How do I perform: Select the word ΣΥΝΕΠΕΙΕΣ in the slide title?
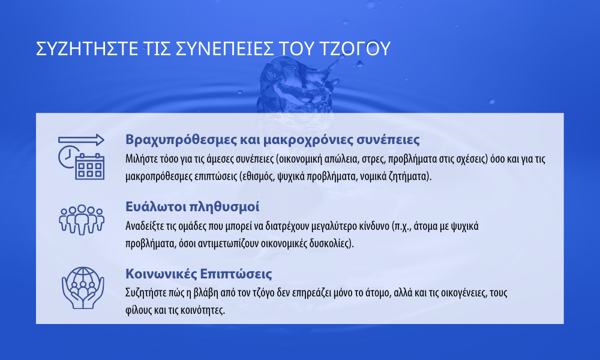tap(225, 49)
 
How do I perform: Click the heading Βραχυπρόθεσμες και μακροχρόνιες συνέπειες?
tap(272, 140)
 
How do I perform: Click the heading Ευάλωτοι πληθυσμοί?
tap(192, 206)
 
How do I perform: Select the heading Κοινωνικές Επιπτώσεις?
tap(199, 274)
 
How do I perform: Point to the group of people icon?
tap(82, 220)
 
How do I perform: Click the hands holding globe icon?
tap(83, 287)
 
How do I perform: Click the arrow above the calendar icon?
tap(81, 140)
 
